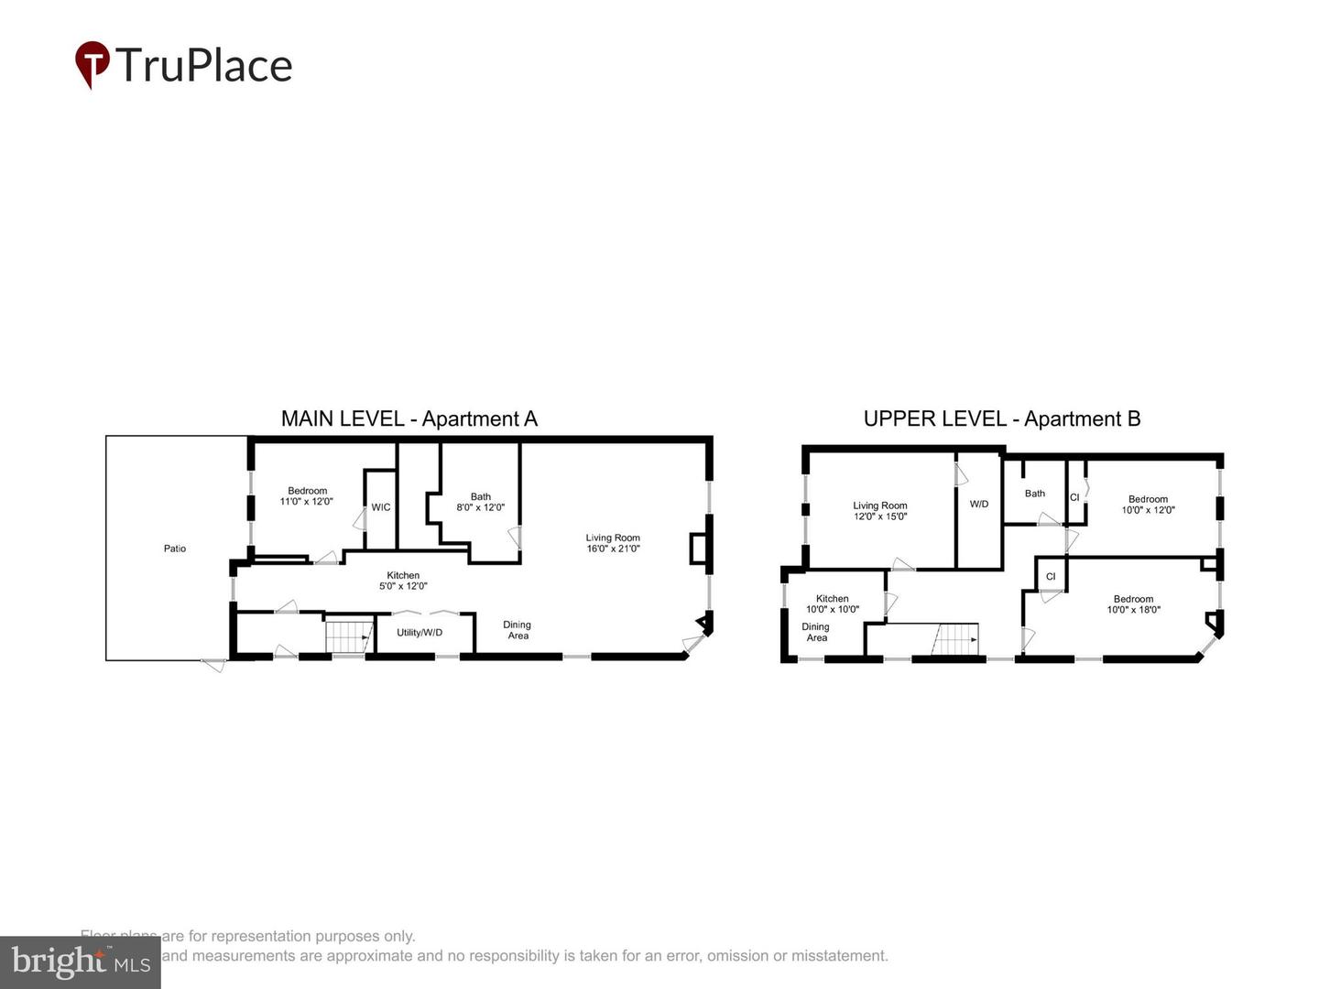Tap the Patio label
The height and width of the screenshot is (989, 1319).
tap(175, 549)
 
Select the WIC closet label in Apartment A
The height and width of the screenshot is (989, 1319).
tap(381, 507)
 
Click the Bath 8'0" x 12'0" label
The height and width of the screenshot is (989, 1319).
tap(480, 502)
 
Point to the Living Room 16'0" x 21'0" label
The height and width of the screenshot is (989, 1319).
tap(613, 543)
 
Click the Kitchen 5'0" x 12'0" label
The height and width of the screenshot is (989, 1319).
tap(403, 581)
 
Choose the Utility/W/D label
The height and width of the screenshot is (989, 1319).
tap(420, 632)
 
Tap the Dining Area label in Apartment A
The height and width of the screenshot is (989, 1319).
tap(518, 630)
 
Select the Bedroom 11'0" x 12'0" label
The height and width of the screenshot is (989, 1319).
tap(307, 496)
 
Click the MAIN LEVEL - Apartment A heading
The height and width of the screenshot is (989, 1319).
tap(409, 418)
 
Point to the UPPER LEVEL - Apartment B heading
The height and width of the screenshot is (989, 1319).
tap(1001, 418)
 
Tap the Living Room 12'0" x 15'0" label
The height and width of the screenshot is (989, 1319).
tap(879, 510)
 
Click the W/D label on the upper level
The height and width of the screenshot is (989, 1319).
tap(979, 504)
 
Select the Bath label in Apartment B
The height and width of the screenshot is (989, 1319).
tap(1034, 494)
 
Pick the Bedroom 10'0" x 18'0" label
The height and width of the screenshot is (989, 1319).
tap(1133, 604)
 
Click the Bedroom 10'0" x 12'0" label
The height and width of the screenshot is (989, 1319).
tap(1148, 505)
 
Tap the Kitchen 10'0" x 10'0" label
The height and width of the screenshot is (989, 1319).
tap(832, 603)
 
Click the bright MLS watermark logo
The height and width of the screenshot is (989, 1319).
tap(81, 962)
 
